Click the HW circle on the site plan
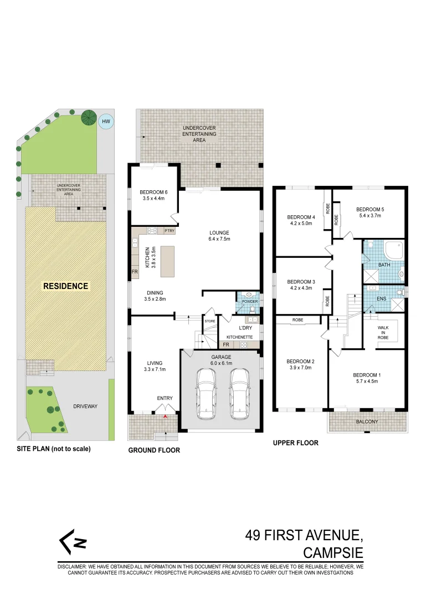[x=105, y=121]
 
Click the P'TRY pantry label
[x=169, y=231]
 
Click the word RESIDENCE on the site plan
[x=66, y=286]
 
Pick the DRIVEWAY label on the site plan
[x=85, y=407]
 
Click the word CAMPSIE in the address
[x=333, y=553]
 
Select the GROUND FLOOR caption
[x=154, y=450]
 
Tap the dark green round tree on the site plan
[x=88, y=117]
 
